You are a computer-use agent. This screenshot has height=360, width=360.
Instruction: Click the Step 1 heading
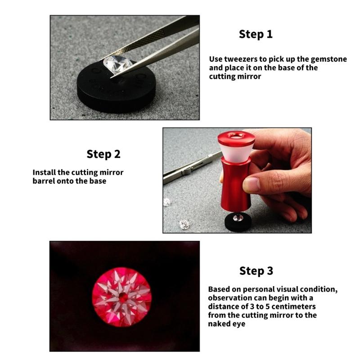click(256, 34)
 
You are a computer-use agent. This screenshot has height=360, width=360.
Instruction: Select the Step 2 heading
click(103, 154)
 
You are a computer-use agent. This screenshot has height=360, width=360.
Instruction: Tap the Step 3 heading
click(256, 271)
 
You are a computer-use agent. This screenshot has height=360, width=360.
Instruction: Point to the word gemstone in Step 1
click(329, 59)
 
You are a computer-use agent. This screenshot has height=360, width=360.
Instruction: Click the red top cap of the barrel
click(236, 138)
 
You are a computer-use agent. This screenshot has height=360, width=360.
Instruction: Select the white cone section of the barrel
click(236, 153)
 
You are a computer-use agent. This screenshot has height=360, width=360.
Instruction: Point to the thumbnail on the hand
click(251, 184)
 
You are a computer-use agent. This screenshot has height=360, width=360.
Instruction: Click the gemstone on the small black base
click(238, 217)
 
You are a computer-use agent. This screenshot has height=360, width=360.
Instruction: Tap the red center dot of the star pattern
click(123, 297)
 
